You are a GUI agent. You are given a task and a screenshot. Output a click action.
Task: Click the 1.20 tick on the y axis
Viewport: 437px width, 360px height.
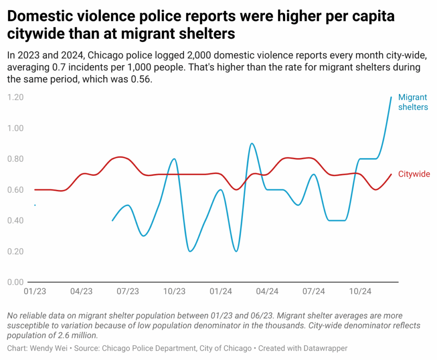click(x=15, y=97)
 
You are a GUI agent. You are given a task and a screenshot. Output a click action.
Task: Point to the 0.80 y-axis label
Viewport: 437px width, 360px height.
click(x=15, y=159)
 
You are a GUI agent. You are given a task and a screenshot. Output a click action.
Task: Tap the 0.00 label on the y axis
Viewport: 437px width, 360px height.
click(x=15, y=282)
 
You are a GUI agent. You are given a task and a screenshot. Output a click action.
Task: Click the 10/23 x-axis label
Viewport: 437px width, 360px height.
click(x=174, y=292)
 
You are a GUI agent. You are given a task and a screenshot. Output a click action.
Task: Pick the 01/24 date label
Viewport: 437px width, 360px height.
click(x=221, y=292)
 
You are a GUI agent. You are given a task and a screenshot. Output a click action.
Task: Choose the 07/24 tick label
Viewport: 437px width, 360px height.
click(x=314, y=292)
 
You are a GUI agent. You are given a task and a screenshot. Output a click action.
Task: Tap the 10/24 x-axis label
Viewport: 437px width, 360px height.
click(x=360, y=292)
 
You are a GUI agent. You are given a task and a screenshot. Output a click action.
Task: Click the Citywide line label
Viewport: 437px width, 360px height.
click(x=414, y=174)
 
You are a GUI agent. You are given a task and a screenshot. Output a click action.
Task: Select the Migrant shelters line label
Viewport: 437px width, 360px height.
click(x=413, y=102)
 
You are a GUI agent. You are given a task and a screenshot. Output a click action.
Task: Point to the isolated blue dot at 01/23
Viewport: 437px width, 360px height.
click(x=35, y=205)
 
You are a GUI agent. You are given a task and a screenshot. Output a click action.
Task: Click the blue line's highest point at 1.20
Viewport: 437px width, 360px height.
click(x=391, y=98)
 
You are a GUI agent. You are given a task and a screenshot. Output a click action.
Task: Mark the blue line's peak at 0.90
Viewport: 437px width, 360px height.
click(x=252, y=144)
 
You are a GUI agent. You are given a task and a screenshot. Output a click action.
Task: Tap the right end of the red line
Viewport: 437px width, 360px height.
click(x=391, y=174)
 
